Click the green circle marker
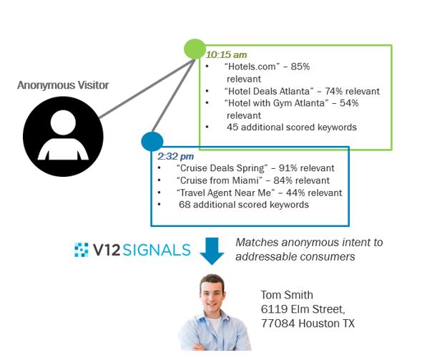click(x=195, y=49)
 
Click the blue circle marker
click(x=152, y=142)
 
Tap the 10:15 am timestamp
click(x=226, y=54)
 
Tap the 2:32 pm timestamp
click(x=176, y=156)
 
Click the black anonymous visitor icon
click(x=63, y=137)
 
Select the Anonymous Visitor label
click(x=63, y=85)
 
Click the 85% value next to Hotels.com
click(x=300, y=67)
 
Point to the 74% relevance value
click(x=334, y=92)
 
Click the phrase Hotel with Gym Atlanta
click(x=277, y=103)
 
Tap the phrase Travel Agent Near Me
click(x=225, y=193)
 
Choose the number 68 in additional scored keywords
click(x=185, y=205)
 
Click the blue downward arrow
click(x=212, y=251)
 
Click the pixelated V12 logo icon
click(x=82, y=250)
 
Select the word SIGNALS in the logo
click(x=157, y=250)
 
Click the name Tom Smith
click(x=287, y=295)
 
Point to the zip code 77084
click(x=278, y=323)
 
